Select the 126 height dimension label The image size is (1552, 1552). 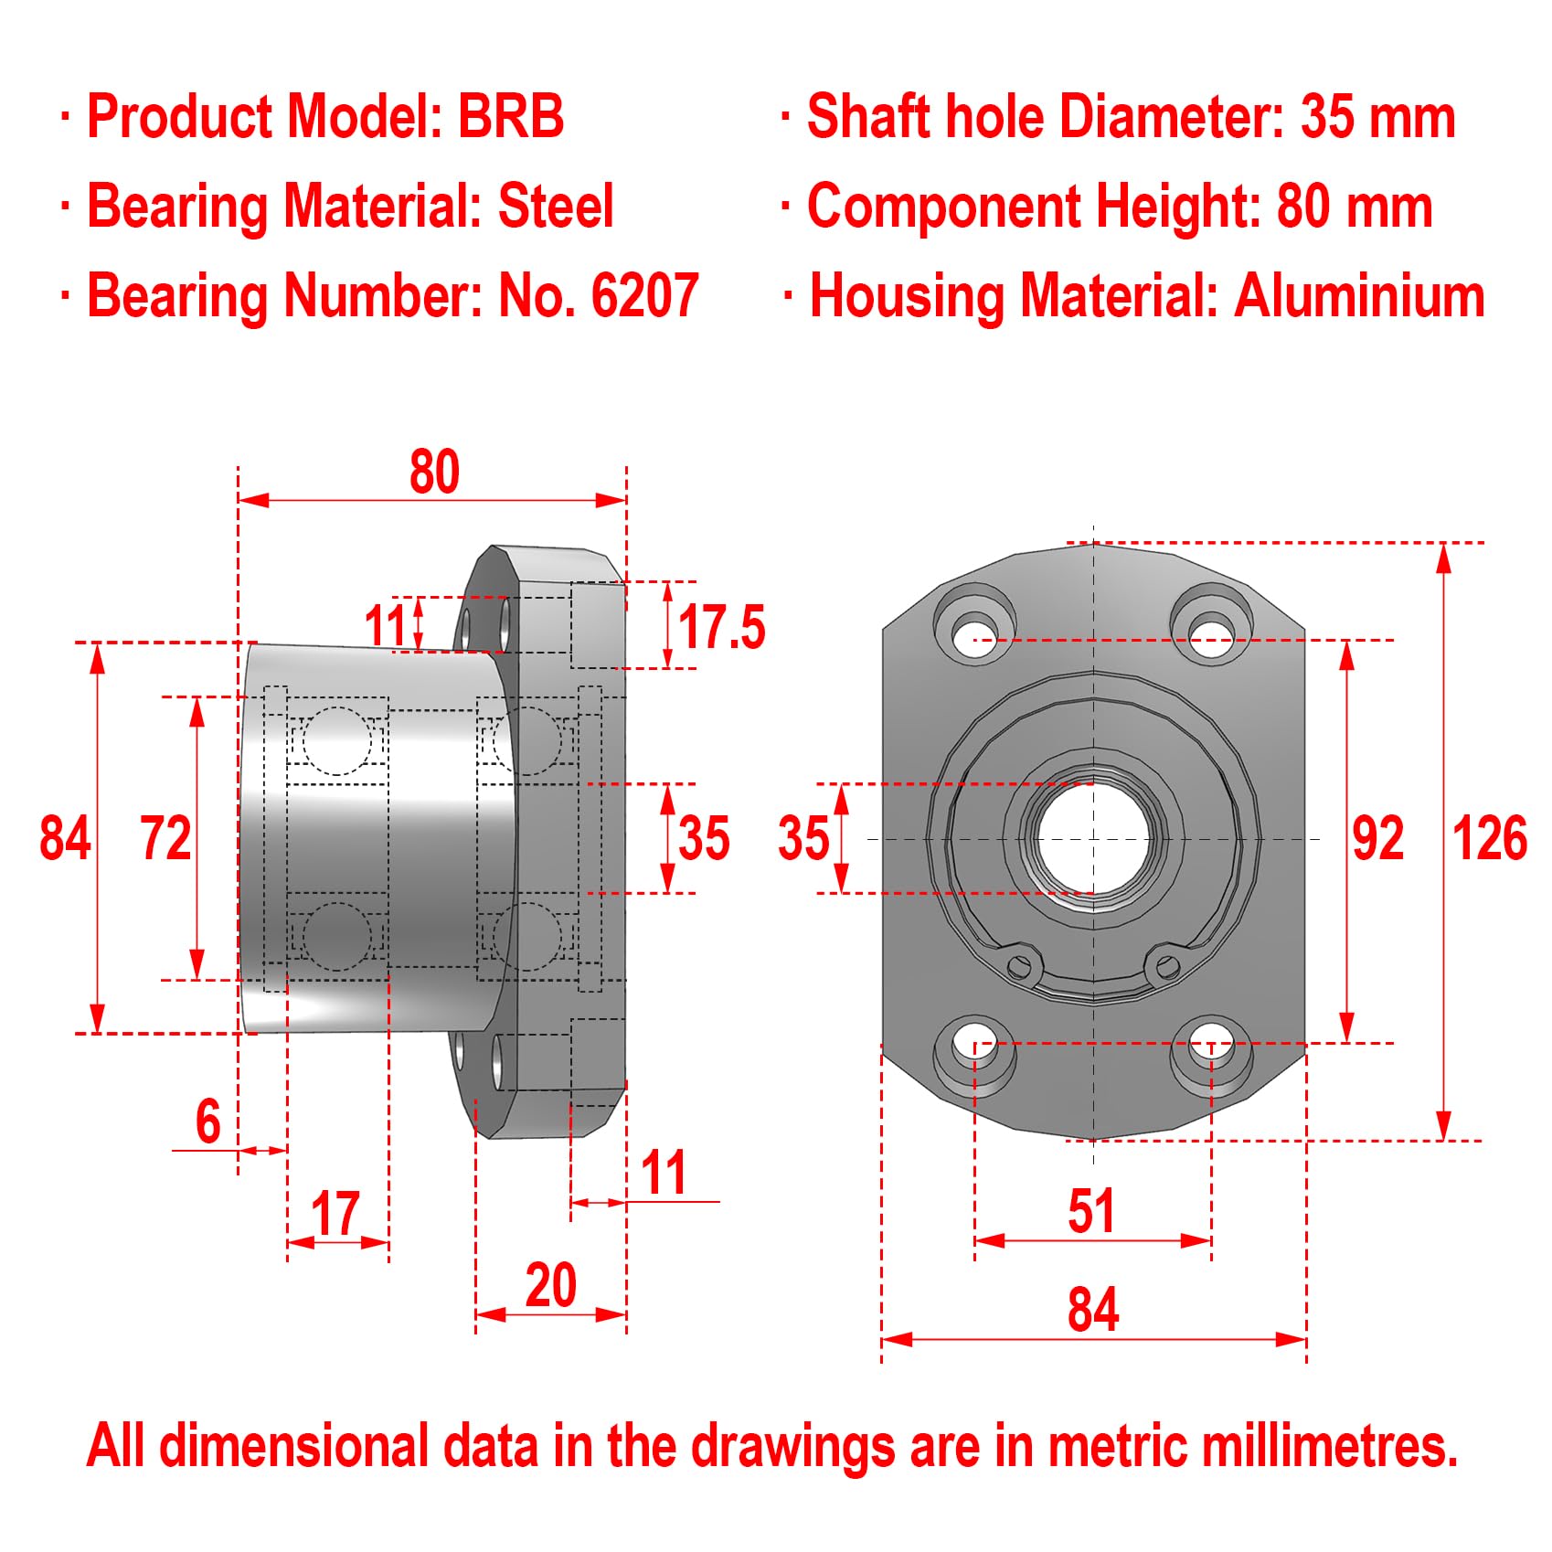coord(1489,838)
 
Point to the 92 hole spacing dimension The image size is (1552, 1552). coord(1377,838)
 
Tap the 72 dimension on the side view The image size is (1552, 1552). coord(165,838)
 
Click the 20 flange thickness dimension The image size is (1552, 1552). coord(550,1285)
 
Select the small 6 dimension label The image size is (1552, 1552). coord(208,1121)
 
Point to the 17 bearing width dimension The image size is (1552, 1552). coord(335,1213)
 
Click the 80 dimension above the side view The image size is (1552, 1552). coord(433,473)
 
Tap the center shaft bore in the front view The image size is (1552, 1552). coord(1093,838)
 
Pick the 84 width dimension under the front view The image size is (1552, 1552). coord(1092,1309)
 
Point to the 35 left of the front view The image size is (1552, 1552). coord(803,838)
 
